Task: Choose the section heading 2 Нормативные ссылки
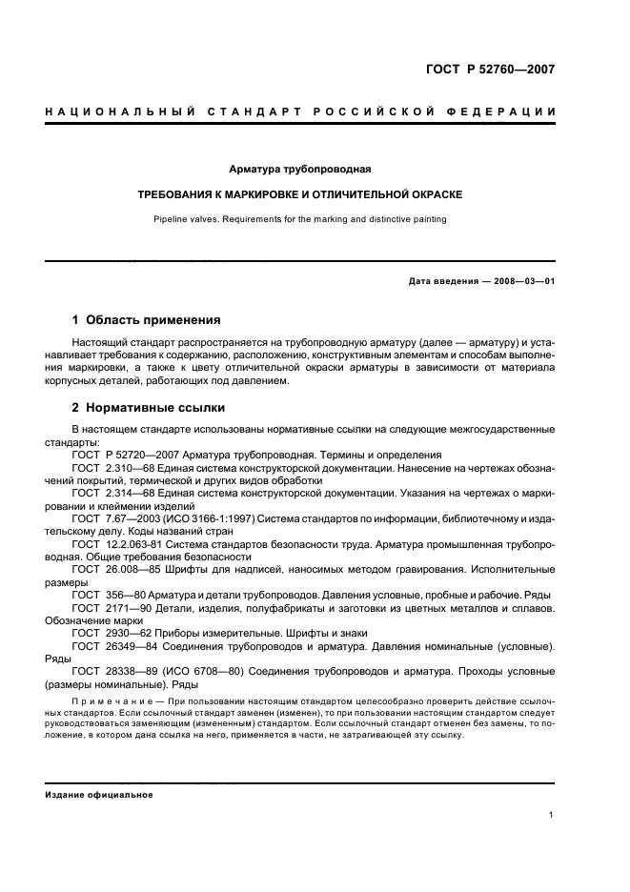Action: [x=149, y=408]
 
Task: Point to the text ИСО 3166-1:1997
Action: [x=220, y=517]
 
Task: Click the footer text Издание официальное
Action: [x=98, y=795]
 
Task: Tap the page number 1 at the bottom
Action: [x=551, y=815]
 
